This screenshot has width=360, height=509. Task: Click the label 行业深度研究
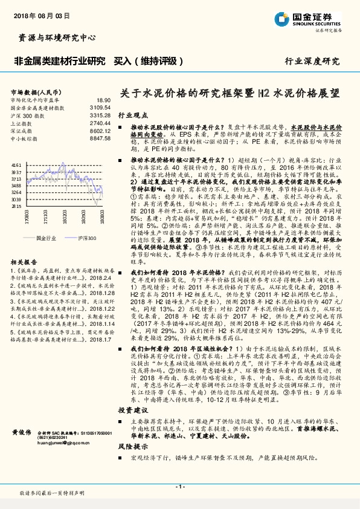click(x=312, y=62)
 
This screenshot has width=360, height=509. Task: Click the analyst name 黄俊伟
click(x=22, y=433)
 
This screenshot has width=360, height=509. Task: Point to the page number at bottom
click(x=179, y=486)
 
